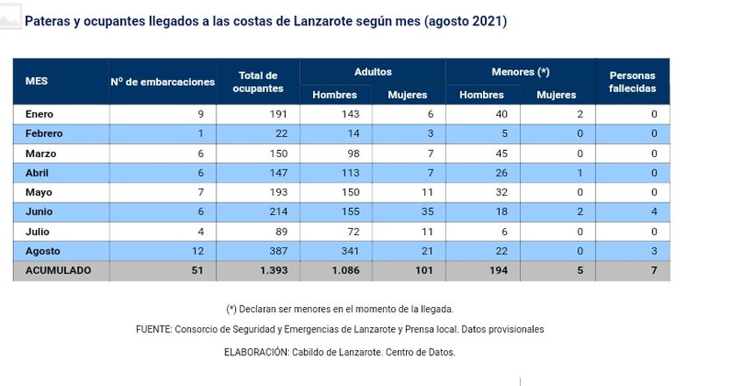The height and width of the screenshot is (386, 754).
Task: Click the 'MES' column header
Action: (37, 81)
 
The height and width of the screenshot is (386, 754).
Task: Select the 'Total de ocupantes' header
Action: (258, 82)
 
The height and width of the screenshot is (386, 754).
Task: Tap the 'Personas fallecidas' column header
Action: (632, 82)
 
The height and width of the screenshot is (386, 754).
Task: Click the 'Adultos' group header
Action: (373, 72)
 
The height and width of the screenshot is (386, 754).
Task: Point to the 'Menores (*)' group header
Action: (521, 72)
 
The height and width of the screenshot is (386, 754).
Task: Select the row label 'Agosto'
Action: (42, 252)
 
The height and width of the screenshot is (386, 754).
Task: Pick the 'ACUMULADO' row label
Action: (58, 271)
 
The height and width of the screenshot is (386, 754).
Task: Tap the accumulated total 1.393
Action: (272, 271)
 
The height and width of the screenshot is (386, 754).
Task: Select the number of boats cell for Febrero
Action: (201, 133)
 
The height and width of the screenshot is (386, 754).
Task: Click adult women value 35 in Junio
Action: (420, 212)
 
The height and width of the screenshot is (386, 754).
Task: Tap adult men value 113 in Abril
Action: (351, 173)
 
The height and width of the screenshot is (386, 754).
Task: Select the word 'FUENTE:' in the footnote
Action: (156, 329)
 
